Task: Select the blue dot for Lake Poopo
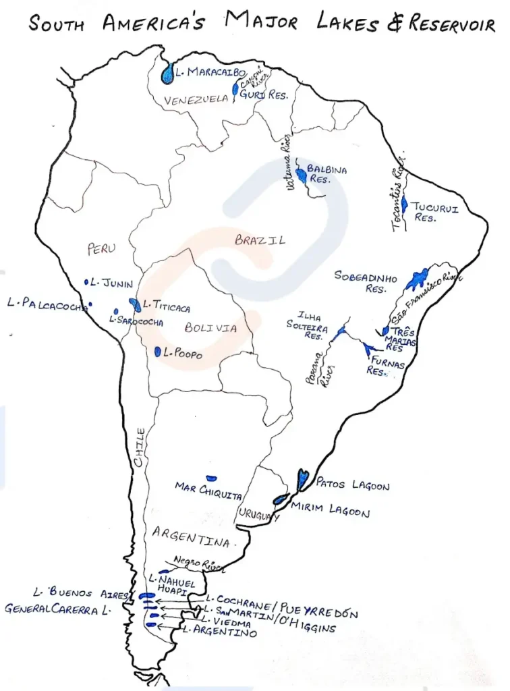[157, 352]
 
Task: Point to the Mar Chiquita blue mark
[211, 478]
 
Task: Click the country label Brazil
[260, 240]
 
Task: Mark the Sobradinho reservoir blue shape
[417, 277]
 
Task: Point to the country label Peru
[102, 248]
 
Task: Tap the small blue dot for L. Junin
[86, 281]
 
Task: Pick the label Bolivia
[210, 329]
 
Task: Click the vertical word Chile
[140, 447]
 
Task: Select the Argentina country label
[192, 536]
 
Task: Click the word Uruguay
[258, 516]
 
